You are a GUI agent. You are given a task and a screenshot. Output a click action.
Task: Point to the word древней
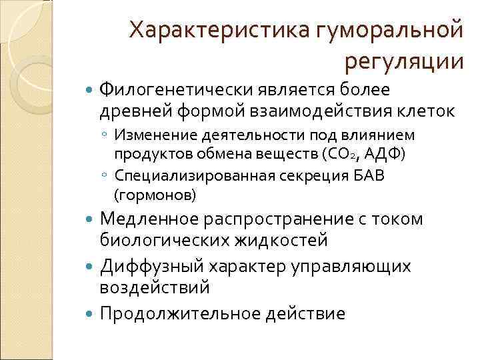coord(133,110)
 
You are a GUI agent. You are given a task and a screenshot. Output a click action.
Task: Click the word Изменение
coord(151,136)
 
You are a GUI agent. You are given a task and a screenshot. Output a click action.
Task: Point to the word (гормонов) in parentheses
coord(155,195)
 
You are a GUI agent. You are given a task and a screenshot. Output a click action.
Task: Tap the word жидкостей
coord(278,239)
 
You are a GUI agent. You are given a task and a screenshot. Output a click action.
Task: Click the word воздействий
coord(154,287)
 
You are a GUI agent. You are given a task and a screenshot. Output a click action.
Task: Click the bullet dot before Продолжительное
coord(91,313)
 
